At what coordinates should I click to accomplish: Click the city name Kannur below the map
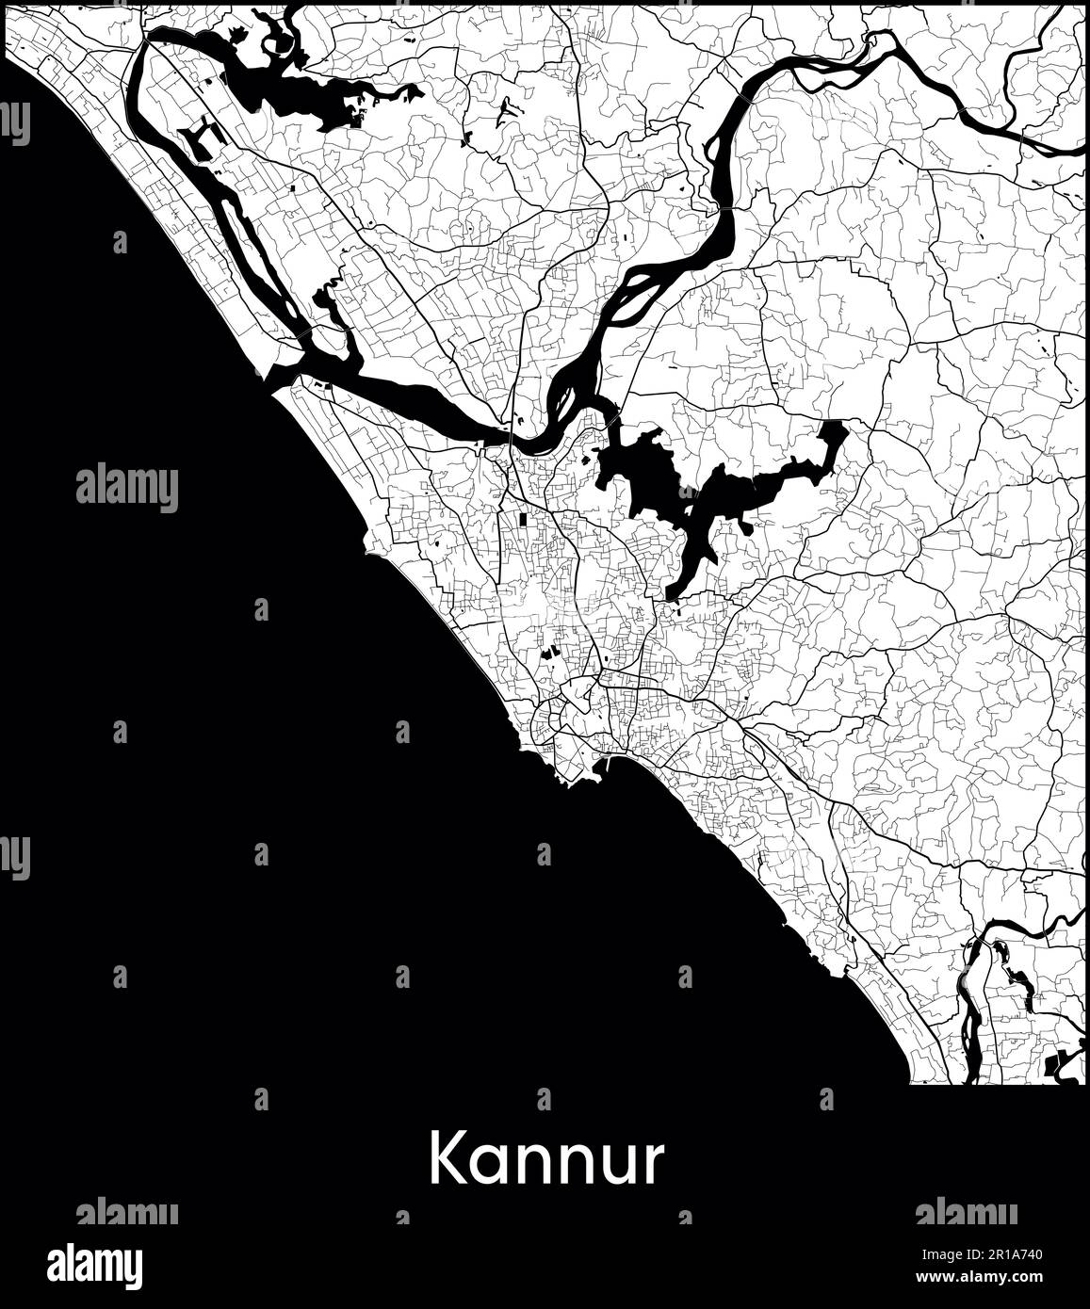click(545, 1159)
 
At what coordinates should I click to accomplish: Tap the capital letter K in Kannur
click(448, 1159)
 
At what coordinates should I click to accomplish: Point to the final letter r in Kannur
click(653, 1165)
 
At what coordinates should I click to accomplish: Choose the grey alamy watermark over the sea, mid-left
click(126, 488)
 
